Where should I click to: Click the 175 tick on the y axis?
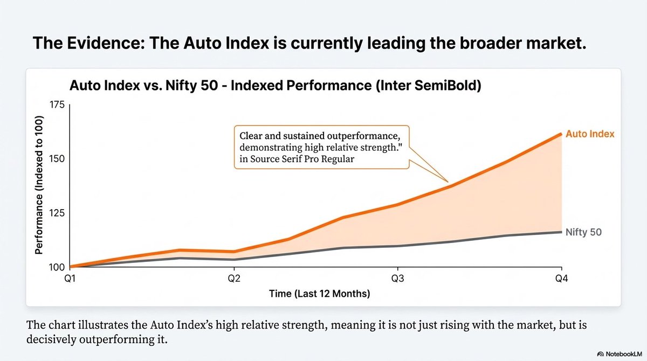coord(57,105)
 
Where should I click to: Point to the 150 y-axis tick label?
coord(57,159)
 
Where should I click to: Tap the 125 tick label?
coord(57,213)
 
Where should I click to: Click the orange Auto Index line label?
coord(590,134)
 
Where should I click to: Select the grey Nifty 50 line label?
coord(583,233)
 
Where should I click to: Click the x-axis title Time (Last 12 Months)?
coord(319,294)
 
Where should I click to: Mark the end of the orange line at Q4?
coord(561,134)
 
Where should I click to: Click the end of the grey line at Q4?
coord(561,232)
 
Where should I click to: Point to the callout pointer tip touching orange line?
coord(448,180)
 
